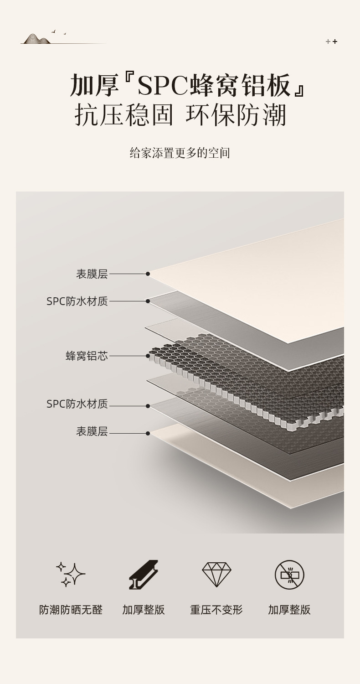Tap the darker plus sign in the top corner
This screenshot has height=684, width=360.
pyautogui.click(x=335, y=41)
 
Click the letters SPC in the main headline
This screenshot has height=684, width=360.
pyautogui.click(x=163, y=85)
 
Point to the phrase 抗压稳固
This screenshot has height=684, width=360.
pyautogui.click(x=124, y=115)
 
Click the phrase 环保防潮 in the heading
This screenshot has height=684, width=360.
pyautogui.click(x=236, y=115)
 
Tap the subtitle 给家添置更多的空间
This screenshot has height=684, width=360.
pyautogui.click(x=180, y=153)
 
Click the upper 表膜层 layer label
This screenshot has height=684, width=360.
pyautogui.click(x=92, y=274)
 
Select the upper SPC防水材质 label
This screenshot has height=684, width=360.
pyautogui.click(x=77, y=301)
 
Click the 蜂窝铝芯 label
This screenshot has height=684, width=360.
pyautogui.click(x=87, y=356)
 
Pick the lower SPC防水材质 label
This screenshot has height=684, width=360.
pyautogui.click(x=77, y=404)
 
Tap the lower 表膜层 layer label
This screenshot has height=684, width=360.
pyautogui.click(x=92, y=431)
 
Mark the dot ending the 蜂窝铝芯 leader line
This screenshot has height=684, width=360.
pyautogui.click(x=148, y=356)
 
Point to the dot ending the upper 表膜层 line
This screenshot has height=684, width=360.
pyautogui.click(x=148, y=274)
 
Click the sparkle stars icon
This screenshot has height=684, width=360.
pyautogui.click(x=71, y=574)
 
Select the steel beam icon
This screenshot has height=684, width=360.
pyautogui.click(x=144, y=574)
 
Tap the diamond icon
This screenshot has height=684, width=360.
pyautogui.click(x=216, y=574)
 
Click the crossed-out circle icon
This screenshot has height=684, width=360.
pyautogui.click(x=289, y=575)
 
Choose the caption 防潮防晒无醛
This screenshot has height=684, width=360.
pyautogui.click(x=71, y=610)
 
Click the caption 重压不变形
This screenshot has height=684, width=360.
pyautogui.click(x=216, y=610)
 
